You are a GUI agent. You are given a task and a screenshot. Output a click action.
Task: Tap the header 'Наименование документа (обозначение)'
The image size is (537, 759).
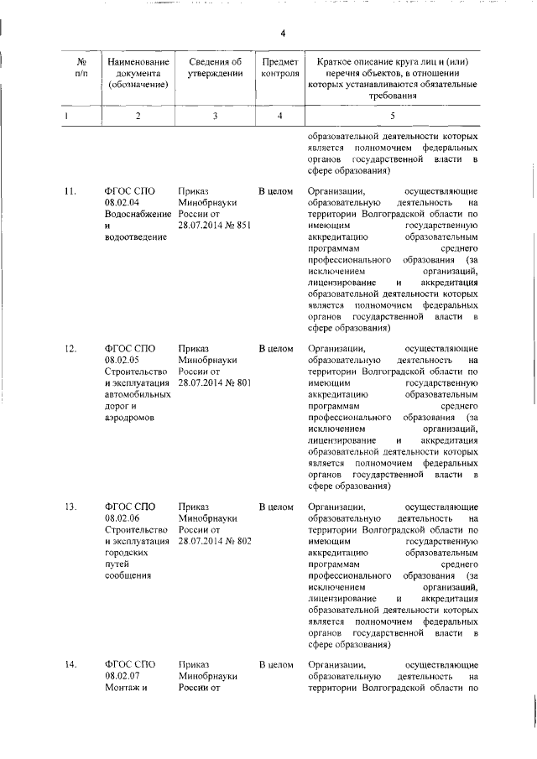138,73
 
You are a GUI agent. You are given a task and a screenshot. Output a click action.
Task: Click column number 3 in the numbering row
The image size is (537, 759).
215,116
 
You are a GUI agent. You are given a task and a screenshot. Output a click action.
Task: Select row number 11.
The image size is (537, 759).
70,191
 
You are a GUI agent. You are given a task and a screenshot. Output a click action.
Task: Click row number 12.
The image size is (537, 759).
70,348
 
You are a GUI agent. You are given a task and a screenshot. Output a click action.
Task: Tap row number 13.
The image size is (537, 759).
70,507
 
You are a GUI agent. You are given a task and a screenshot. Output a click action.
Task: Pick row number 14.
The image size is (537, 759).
70,665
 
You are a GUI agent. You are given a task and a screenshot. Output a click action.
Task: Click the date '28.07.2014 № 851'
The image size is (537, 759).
215,226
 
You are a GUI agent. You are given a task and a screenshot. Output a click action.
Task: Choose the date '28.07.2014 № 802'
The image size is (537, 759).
215,542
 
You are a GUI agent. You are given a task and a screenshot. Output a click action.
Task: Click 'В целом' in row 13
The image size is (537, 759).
275,507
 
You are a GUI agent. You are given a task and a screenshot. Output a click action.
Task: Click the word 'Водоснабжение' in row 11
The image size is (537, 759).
135,215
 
